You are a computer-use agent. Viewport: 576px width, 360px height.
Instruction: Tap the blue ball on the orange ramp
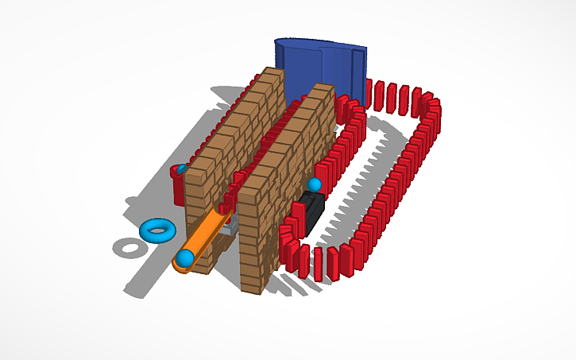(185, 257)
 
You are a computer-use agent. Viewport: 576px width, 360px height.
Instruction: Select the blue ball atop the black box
(315, 185)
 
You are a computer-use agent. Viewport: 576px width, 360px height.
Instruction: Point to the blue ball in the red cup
(182, 169)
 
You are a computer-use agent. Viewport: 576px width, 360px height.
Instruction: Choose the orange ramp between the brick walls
(208, 233)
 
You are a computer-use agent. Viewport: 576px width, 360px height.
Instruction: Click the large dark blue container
(318, 68)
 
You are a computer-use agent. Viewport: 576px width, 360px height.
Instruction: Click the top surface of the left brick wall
(238, 111)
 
